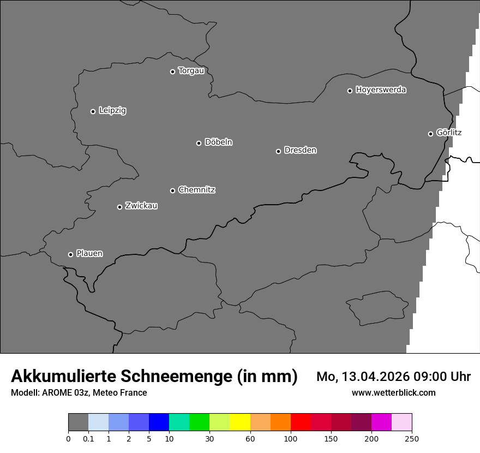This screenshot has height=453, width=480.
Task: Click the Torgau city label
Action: tap(191, 71)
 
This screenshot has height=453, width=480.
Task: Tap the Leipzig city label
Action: tap(112, 111)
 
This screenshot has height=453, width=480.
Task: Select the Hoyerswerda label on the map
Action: tap(381, 90)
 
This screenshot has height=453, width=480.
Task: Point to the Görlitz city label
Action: tap(449, 133)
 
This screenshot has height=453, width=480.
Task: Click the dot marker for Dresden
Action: tap(278, 151)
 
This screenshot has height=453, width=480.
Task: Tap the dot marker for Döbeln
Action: tap(199, 143)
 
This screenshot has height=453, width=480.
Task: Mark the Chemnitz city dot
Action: tap(172, 190)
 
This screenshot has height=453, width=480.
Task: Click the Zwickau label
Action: tap(141, 206)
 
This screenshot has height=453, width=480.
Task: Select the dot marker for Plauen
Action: tap(70, 254)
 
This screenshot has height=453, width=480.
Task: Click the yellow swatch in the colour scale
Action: tap(240, 422)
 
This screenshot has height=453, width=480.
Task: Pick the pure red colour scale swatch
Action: tap(301, 422)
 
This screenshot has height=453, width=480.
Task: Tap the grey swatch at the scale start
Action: tap(78, 422)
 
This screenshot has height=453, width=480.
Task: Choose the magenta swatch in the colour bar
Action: tap(381, 422)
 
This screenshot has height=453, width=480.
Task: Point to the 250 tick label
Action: tap(412, 439)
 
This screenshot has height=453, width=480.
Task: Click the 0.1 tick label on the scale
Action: tap(88, 439)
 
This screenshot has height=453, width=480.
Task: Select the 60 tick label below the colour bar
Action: tap(250, 439)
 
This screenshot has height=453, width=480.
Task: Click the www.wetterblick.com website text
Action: tap(393, 392)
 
